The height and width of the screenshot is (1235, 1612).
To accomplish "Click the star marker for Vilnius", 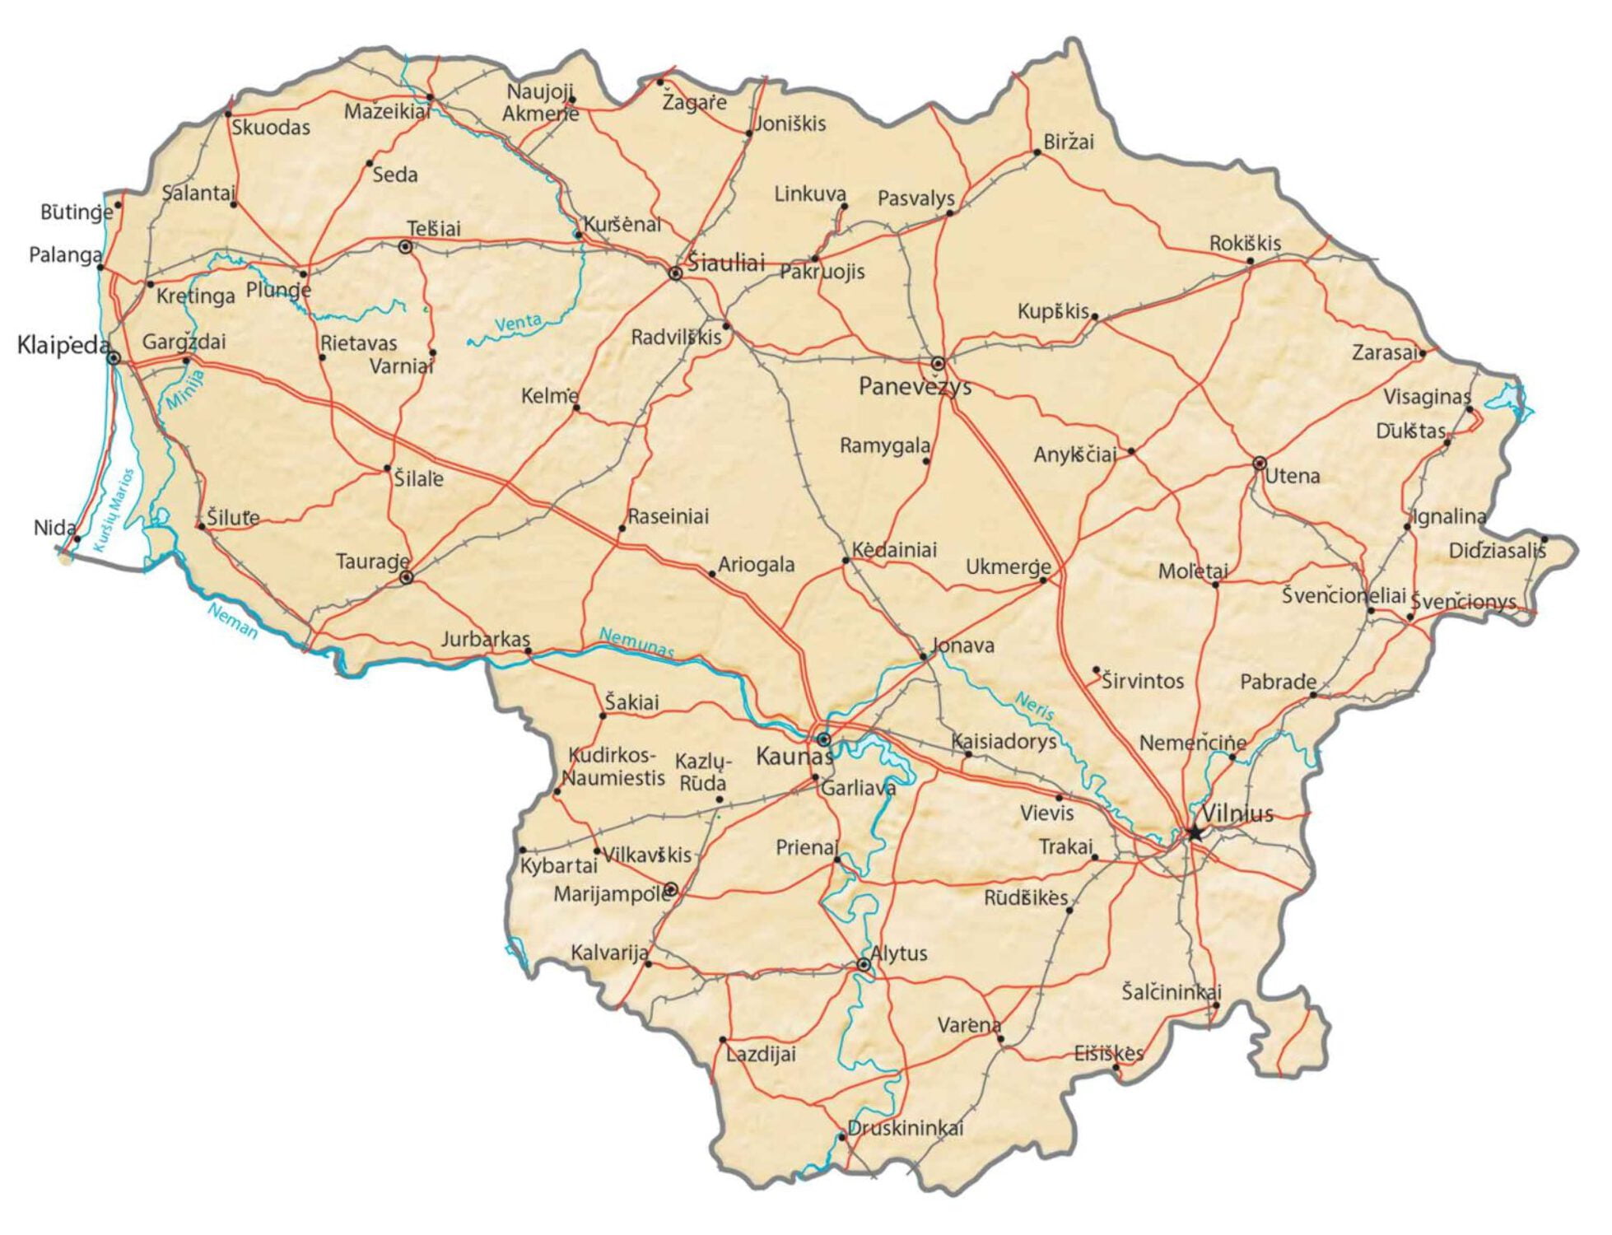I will (x=1194, y=832).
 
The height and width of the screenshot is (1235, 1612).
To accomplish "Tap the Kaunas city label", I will (x=793, y=756).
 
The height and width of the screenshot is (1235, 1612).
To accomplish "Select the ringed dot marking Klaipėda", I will (x=114, y=358).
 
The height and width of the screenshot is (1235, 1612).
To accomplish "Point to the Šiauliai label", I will (x=726, y=263).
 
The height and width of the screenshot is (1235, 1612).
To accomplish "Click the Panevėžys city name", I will (x=914, y=386).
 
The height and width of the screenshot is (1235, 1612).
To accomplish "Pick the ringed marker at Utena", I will (x=1259, y=464).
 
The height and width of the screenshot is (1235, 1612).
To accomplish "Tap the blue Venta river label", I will (x=518, y=323).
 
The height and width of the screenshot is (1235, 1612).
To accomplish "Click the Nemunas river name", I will (x=636, y=641).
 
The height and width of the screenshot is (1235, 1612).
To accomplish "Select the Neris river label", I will (x=1034, y=706).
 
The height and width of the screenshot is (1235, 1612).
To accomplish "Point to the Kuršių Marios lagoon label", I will (x=113, y=510).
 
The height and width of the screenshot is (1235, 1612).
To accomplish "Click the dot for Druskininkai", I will (x=841, y=1137).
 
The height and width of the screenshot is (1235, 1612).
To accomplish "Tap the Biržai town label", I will (x=1068, y=142).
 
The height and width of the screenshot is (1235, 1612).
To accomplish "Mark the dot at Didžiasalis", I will (x=1544, y=539).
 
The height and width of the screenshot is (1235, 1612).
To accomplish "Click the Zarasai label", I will (x=1385, y=352).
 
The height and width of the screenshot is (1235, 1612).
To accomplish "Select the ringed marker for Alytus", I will (x=863, y=964).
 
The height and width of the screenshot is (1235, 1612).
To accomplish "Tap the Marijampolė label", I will (x=611, y=894).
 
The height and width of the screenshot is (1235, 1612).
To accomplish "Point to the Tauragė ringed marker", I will (x=406, y=578).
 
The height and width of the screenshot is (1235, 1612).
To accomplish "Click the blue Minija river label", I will (x=185, y=389).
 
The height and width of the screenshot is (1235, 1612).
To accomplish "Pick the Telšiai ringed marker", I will (x=405, y=246).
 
